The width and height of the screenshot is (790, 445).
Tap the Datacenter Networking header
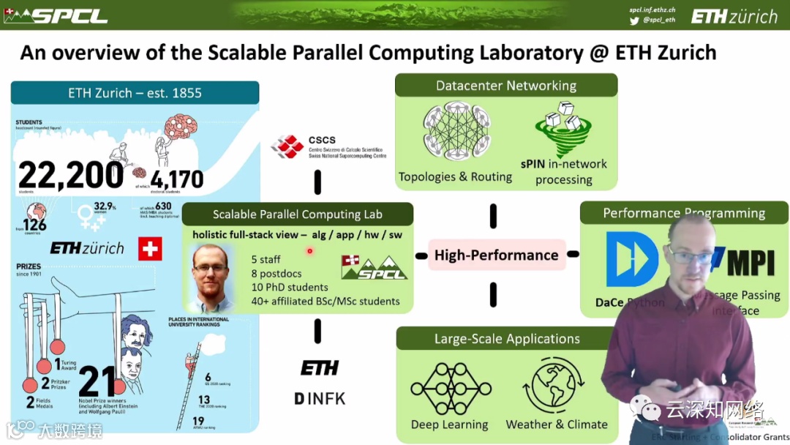[506, 86]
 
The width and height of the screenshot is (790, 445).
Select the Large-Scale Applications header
[507, 339]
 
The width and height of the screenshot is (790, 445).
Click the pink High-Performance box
[497, 255]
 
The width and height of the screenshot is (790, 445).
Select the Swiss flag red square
[150, 249]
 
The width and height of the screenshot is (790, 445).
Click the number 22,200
[71, 176]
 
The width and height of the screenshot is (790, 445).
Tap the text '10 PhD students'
[290, 287]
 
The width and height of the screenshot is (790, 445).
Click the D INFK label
[320, 399]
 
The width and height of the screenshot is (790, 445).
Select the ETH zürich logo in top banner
[734, 16]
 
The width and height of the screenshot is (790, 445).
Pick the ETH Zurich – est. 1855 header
[135, 93]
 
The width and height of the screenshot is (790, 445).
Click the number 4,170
[177, 179]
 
